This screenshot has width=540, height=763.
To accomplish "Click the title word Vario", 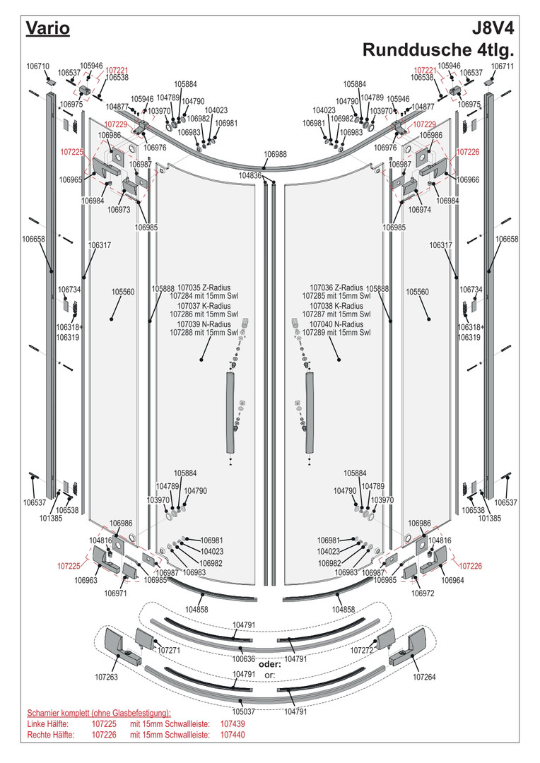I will [47, 28].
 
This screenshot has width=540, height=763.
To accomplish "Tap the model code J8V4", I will [492, 28].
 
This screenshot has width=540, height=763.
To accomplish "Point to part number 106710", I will [37, 66].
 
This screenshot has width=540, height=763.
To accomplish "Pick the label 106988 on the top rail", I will [276, 154].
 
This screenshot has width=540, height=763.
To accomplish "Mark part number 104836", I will [250, 175].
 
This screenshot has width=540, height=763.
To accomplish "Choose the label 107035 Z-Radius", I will [203, 288].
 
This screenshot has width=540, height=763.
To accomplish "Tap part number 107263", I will [108, 677].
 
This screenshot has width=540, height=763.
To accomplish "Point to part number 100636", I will [244, 658].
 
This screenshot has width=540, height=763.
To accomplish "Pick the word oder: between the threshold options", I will [270, 665].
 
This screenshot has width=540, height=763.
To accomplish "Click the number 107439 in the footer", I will [233, 724].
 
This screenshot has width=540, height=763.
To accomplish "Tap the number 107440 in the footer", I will [233, 735].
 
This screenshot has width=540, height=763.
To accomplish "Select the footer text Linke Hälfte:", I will [50, 724].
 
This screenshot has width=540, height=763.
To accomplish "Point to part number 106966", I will [468, 179].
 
